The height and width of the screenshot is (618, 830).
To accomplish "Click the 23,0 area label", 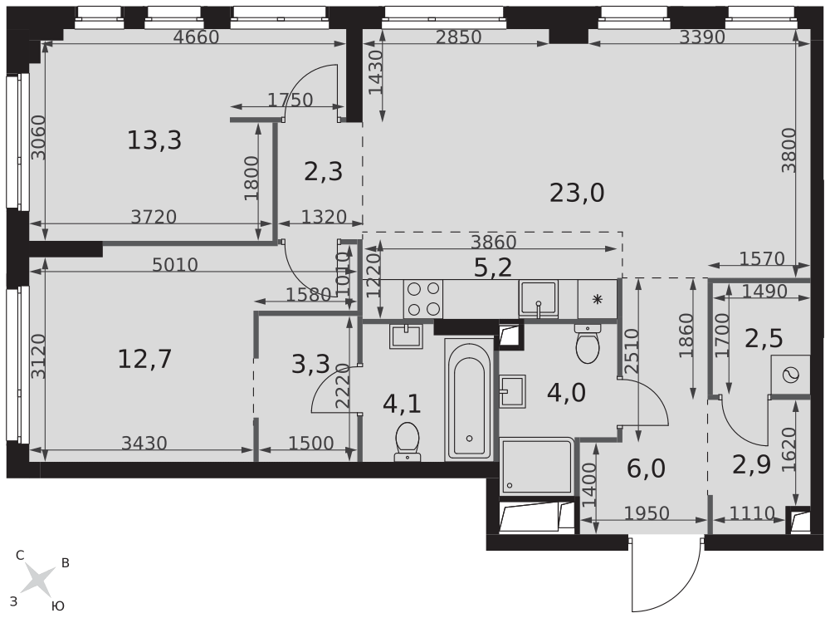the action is coord(577,194).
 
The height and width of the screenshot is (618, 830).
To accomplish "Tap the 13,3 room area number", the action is coord(154,141).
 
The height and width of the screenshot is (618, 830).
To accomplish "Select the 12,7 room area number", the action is coord(144,360).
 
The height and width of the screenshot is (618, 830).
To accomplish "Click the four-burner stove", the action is coord(423,299).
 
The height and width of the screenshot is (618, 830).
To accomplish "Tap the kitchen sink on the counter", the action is coord(538,299).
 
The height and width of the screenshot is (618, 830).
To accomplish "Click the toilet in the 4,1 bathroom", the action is coord(407,441).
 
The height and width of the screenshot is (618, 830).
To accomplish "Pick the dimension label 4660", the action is coord(197,37).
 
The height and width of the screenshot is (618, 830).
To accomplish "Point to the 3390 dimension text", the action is coord(702,37).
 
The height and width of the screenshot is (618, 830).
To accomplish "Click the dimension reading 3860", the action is coord(494,242).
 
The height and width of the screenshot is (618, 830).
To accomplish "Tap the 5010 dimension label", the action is coord(174,265).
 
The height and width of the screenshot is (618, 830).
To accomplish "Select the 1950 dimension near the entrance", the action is coord(647,513).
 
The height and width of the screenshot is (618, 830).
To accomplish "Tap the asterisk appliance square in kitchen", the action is coord(598,299).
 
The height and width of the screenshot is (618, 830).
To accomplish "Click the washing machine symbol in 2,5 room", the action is coord(790,375).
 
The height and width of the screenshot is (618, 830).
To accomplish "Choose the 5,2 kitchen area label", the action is coord(493,268).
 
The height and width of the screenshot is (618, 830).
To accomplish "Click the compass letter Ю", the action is coord(58,606).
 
